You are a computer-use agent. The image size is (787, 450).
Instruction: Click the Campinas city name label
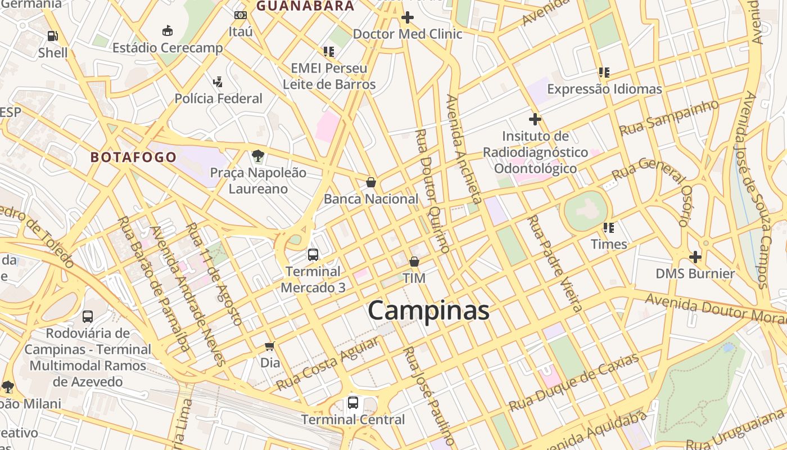coord(428,310)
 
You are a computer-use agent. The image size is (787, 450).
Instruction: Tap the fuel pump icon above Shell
coord(52,36)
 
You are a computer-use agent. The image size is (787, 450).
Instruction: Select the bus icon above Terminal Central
coord(352,403)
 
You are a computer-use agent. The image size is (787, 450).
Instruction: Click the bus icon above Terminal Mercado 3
coord(313,255)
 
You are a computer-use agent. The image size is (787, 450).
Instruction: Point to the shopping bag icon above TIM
coord(414,262)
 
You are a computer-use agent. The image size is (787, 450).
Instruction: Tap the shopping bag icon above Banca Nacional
coord(371,182)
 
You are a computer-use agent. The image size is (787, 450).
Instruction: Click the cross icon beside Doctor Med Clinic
coord(408,18)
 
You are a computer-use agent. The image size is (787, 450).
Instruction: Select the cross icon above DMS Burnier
coord(695,257)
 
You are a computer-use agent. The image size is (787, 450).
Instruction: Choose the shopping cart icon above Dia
coord(270,346)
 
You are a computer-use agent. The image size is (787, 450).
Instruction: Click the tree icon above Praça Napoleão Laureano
coord(258,155)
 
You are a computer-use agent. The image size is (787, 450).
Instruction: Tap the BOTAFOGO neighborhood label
coord(134,157)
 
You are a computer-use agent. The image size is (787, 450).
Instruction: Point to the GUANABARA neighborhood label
coord(305,6)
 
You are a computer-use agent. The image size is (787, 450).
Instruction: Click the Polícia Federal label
coord(218,98)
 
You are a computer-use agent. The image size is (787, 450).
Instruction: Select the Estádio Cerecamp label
coord(168,48)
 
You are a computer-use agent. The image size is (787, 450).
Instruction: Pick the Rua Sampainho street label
coord(669,117)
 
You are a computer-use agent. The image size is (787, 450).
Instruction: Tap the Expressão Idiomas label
coord(604,89)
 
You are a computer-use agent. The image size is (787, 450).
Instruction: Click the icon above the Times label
coord(609,228)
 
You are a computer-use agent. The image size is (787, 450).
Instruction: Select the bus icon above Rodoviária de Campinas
coord(88,317)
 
